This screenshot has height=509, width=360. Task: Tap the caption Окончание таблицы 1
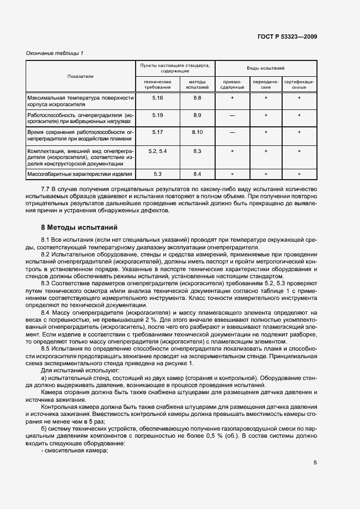point(55,53)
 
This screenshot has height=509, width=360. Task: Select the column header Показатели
point(81,76)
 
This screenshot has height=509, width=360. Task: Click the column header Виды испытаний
point(266,69)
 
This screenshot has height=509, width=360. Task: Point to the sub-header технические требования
point(157,84)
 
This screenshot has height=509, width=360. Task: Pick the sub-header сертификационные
point(299,84)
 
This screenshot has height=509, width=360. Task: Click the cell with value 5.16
point(157,97)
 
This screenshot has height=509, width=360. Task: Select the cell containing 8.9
point(197,115)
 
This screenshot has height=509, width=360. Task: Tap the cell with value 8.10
point(197,132)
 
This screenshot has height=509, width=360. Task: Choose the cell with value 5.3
point(157,174)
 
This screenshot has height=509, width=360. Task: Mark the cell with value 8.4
point(197,174)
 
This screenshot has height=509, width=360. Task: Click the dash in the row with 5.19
point(233,115)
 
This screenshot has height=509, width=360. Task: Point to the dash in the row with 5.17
point(233,133)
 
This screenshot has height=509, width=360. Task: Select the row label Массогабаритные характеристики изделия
point(80,174)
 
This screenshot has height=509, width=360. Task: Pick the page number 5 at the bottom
point(315,463)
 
